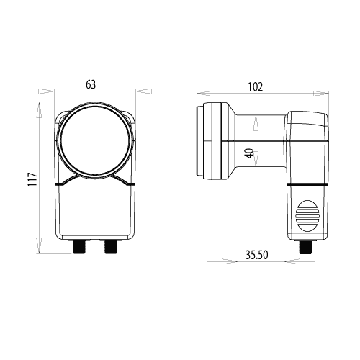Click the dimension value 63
pos(91,84)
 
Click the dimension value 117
pos(32,179)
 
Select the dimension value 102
pos(256,86)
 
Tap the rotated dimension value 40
pos(250,153)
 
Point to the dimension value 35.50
pos(256,255)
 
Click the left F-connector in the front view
pos(79,246)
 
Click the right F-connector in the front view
pos(110,246)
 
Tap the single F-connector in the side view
pos(306,247)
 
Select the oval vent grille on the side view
pos(307,216)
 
